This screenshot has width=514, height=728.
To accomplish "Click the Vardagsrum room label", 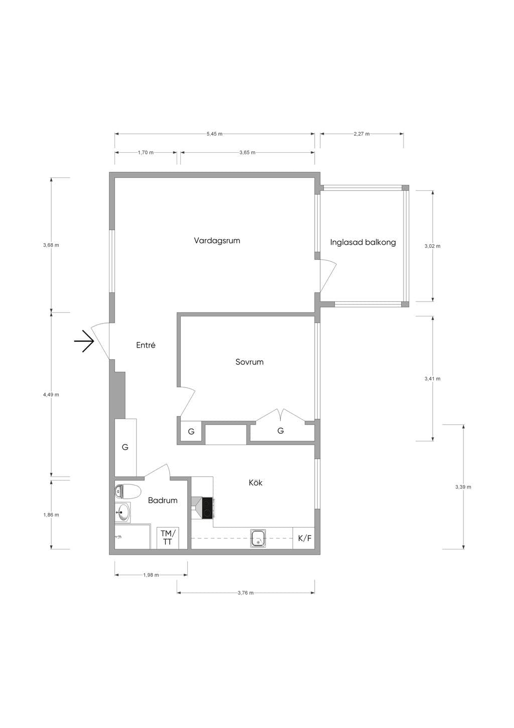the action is (217, 241).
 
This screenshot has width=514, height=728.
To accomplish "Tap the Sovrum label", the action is (249, 362).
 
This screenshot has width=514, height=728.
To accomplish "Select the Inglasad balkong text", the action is (363, 243).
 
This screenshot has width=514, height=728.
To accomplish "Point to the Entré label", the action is (146, 345).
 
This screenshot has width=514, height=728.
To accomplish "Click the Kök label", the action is (255, 483).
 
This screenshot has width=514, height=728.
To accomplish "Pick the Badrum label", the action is (163, 500).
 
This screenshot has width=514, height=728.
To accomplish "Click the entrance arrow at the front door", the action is (84, 341).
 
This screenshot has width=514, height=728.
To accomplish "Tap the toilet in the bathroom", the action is (127, 491).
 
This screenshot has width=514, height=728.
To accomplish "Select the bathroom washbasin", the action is (122, 512).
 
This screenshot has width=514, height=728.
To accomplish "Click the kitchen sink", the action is (259, 539).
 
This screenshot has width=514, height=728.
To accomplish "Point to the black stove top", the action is (207, 508).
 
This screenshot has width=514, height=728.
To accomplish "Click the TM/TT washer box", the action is (168, 538).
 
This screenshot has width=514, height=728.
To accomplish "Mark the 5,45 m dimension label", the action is (214, 134).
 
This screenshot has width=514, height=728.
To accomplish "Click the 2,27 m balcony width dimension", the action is (362, 134).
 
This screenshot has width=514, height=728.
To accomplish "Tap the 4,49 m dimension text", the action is (51, 395).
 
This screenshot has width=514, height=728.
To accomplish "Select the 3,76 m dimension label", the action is (245, 593).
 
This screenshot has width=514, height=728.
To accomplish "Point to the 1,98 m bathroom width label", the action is (151, 575).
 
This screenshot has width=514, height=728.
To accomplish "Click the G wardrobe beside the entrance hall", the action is (125, 447).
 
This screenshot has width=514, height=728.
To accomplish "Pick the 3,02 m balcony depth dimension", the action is (433, 246).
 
